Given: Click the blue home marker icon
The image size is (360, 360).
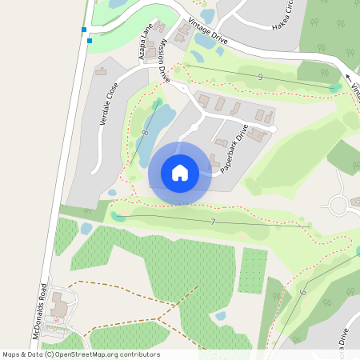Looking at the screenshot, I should point(180,173).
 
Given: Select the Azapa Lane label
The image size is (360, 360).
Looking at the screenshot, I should point(146,42).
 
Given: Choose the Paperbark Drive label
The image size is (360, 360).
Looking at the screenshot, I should point(237,144).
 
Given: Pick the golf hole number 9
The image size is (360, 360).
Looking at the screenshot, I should point(261,76).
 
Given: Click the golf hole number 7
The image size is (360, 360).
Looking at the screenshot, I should point(213,221).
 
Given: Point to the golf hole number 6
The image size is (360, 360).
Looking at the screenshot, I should point(303,293).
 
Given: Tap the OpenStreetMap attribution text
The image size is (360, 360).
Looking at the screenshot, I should point(81,354).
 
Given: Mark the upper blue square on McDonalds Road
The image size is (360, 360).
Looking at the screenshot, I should point(83,30).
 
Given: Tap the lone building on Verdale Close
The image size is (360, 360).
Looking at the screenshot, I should point(102,72).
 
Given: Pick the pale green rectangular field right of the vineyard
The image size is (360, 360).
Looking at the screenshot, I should point(252,271).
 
